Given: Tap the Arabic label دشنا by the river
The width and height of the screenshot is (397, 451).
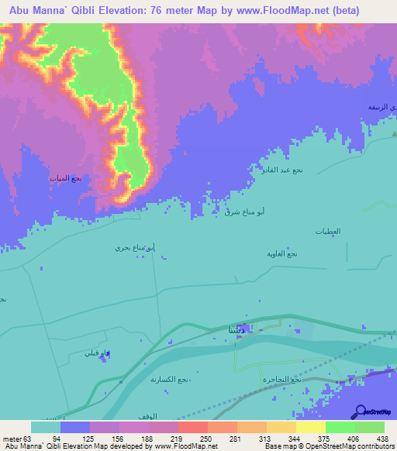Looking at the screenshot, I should point(236,330).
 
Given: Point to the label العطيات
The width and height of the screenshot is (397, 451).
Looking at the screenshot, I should point(328,232).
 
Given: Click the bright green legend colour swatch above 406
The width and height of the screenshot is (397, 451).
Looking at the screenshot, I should point(340,427).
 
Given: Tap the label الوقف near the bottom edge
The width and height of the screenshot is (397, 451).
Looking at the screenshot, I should point(136,417).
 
